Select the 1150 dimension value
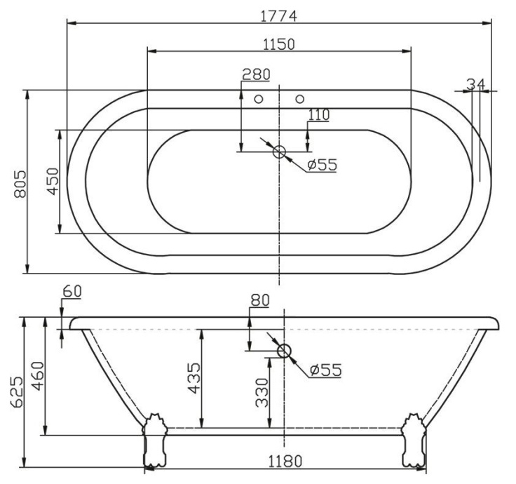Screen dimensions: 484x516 pos(279,43)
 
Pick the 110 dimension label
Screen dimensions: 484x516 pos(318,114)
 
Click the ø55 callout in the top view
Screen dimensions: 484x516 pos(322,165)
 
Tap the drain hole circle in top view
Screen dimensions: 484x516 pos(279,151)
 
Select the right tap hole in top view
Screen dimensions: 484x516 pos(300,99)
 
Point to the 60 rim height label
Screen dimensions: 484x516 pos(72,290)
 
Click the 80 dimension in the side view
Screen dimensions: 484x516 pos(260,300)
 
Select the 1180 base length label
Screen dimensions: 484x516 pos(284,462)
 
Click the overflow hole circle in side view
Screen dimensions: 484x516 pos(284,351)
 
